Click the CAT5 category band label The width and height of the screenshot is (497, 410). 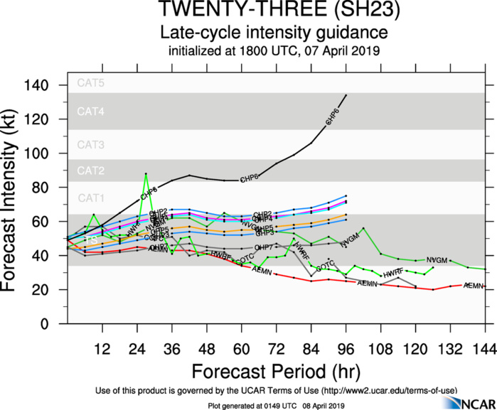[x=91, y=83]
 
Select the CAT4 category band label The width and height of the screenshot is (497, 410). [x=91, y=112]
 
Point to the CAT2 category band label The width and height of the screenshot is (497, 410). [x=91, y=171]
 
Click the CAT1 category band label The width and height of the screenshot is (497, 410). [x=91, y=198]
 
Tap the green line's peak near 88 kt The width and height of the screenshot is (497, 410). [x=146, y=173]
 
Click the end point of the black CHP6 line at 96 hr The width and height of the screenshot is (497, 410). [x=346, y=95]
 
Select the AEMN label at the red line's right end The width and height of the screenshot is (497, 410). [x=474, y=286]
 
